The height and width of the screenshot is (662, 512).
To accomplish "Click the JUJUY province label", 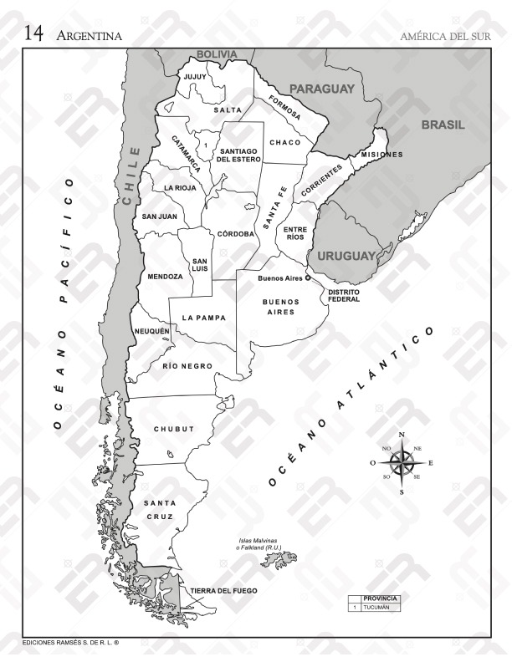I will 195,77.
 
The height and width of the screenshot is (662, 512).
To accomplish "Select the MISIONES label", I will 381,155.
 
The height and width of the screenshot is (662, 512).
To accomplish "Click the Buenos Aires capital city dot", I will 307,278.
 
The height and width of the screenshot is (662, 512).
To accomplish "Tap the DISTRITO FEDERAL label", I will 344,296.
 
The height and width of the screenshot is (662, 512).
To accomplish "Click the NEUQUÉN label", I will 152,331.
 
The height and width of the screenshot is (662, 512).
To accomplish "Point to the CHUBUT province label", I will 173,429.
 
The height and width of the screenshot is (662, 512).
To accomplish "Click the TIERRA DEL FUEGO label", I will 223,590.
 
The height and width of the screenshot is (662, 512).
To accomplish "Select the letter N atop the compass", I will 402,435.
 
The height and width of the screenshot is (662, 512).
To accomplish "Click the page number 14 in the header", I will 33,33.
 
